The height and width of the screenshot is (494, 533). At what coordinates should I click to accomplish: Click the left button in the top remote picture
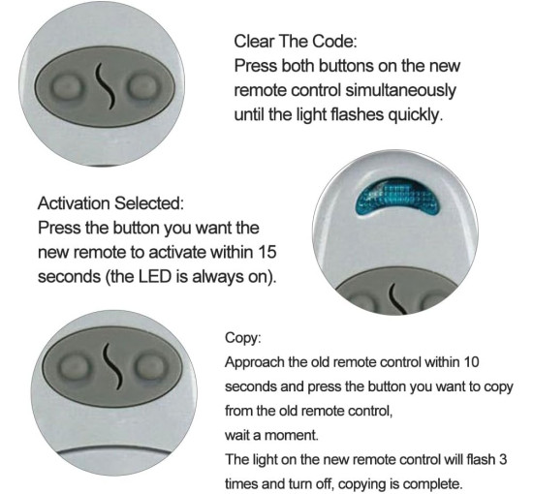pyautogui.click(x=67, y=87)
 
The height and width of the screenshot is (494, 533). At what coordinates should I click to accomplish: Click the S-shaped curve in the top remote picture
pyautogui.click(x=105, y=86)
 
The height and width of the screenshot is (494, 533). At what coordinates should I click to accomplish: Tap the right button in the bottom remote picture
pyautogui.click(x=150, y=366)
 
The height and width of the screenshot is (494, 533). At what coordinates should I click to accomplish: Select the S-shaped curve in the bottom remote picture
pyautogui.click(x=113, y=366)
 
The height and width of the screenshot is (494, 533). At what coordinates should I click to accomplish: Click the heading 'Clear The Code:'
pyautogui.click(x=296, y=42)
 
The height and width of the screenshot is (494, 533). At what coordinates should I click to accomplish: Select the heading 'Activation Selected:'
pyautogui.click(x=110, y=203)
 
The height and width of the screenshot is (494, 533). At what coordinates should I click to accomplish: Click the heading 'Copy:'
pyautogui.click(x=242, y=338)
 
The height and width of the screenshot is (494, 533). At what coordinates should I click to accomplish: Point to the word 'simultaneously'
pyautogui.click(x=401, y=91)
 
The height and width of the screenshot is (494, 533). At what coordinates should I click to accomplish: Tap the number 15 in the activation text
pyautogui.click(x=266, y=252)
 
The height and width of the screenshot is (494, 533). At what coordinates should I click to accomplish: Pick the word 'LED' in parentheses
pyautogui.click(x=154, y=276)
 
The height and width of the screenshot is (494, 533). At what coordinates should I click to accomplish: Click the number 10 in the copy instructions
pyautogui.click(x=471, y=361)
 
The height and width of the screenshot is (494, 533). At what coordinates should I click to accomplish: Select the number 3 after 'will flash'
pyautogui.click(x=503, y=459)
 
